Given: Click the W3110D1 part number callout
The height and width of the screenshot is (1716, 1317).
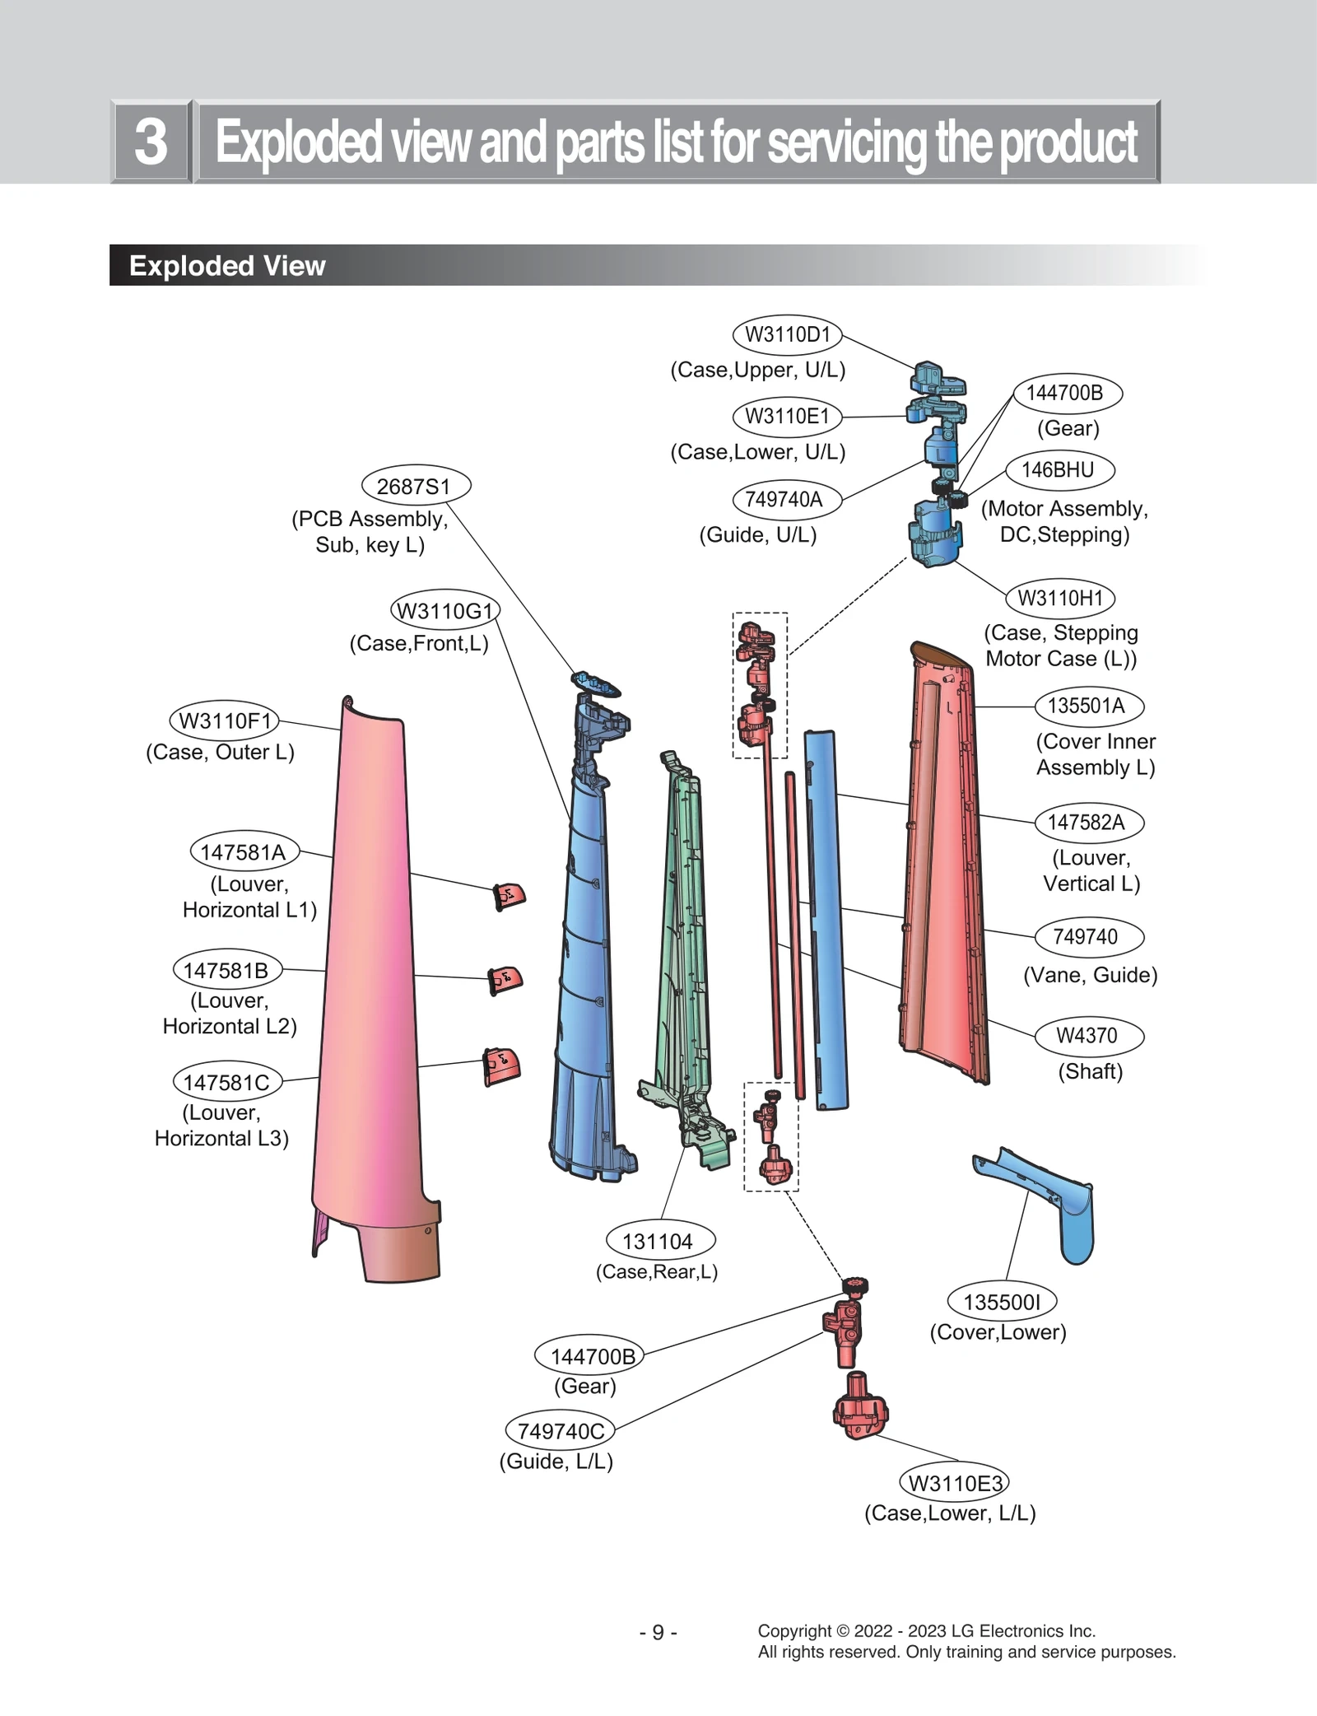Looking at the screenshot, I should pyautogui.click(x=787, y=334).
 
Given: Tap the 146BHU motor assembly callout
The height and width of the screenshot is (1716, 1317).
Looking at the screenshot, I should pyautogui.click(x=1059, y=470).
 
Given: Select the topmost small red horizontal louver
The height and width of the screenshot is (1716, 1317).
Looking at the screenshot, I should pyautogui.click(x=509, y=896).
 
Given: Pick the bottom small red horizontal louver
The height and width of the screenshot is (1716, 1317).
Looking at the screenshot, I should pyautogui.click(x=501, y=1066).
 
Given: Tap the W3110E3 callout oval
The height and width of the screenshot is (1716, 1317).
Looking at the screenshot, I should pyautogui.click(x=954, y=1483).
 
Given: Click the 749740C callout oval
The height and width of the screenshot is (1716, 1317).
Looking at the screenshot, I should pyautogui.click(x=560, y=1431).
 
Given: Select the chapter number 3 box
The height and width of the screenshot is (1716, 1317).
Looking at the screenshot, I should pyautogui.click(x=151, y=142).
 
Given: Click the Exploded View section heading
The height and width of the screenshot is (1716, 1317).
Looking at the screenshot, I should pyautogui.click(x=227, y=266).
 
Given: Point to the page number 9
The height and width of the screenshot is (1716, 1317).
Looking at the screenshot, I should pyautogui.click(x=658, y=1632).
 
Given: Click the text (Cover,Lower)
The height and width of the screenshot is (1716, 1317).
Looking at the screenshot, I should pyautogui.click(x=998, y=1332).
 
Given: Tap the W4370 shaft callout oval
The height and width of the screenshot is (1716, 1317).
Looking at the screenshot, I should pyautogui.click(x=1088, y=1036).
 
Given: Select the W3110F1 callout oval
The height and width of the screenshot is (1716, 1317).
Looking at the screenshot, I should pyautogui.click(x=224, y=720).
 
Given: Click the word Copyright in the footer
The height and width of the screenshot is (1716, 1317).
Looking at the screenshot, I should pyautogui.click(x=793, y=1631).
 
